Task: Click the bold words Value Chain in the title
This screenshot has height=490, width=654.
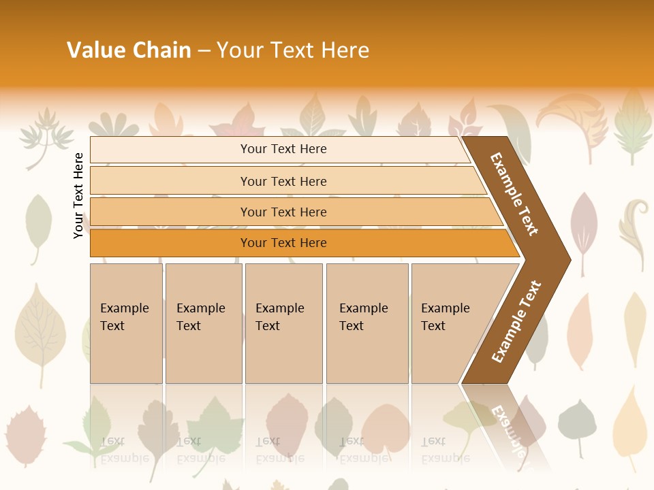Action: [129, 50]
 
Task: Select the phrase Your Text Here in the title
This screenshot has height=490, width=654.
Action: [293, 50]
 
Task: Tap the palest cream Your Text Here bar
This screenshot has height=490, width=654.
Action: [283, 149]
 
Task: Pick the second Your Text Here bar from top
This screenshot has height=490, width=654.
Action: [283, 181]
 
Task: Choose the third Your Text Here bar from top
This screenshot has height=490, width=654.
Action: [283, 212]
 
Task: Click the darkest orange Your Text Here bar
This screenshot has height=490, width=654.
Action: [283, 243]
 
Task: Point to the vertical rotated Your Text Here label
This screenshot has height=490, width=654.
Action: [78, 195]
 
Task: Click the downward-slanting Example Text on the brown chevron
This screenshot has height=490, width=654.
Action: [514, 194]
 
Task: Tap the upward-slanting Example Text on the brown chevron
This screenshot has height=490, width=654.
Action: [516, 321]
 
